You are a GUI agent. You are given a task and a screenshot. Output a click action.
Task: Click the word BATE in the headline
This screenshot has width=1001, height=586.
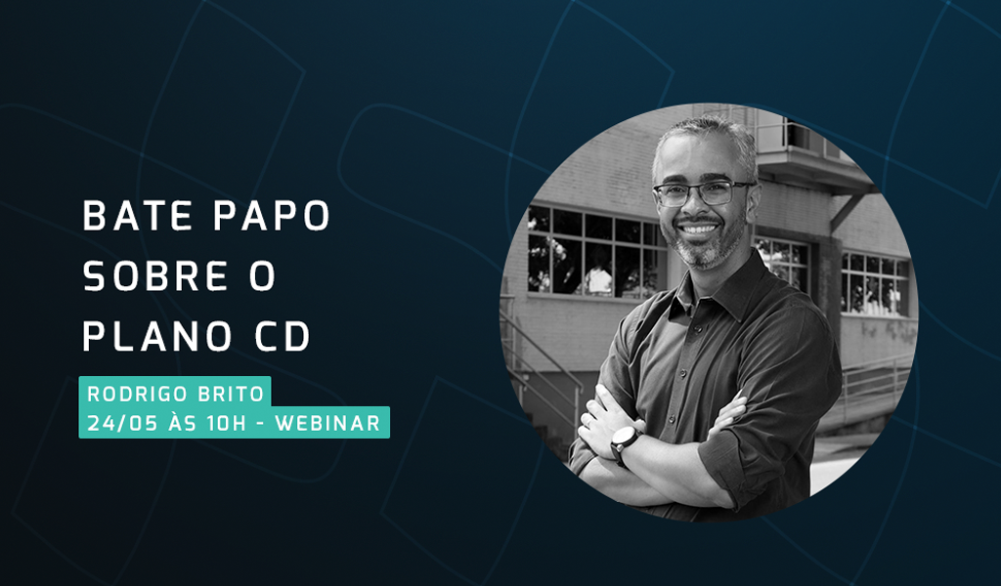click(x=137, y=216)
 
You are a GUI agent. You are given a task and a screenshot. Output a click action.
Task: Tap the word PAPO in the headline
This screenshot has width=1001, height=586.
click(x=272, y=216)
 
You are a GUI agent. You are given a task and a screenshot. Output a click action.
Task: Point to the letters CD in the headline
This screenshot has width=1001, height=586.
click(x=283, y=336)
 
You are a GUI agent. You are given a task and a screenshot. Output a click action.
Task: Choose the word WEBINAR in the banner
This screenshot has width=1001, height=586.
click(x=327, y=424)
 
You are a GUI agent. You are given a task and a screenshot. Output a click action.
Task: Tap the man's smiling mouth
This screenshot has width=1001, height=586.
click(x=698, y=229)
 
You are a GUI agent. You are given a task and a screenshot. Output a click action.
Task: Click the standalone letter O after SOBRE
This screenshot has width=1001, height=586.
click(x=262, y=276)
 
